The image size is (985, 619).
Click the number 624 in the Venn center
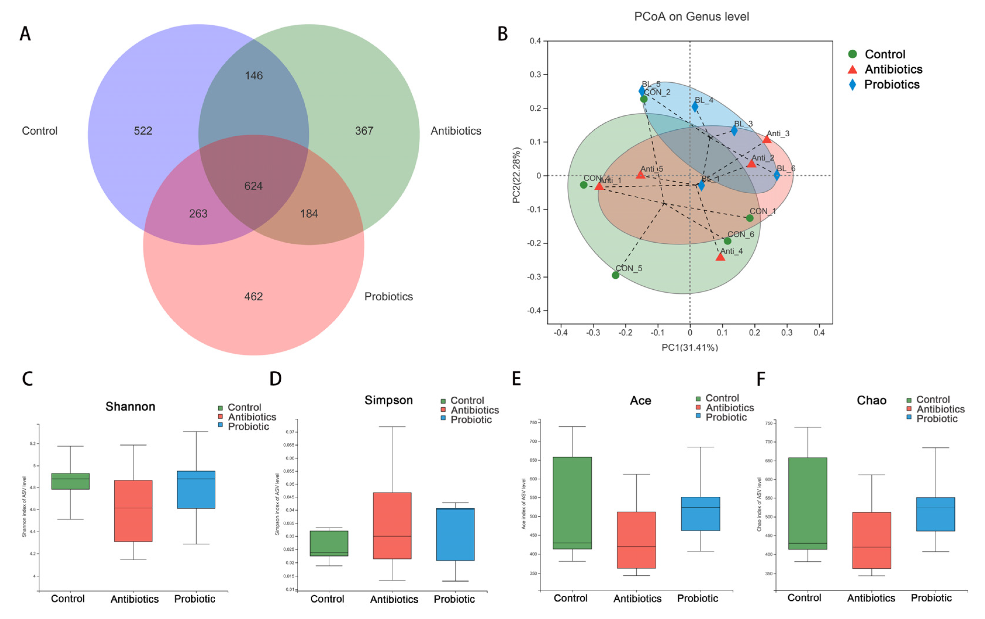[253, 186]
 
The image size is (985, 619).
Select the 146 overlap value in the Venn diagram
[254, 76]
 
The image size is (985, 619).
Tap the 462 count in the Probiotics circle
[253, 296]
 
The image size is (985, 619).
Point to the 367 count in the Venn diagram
[364, 131]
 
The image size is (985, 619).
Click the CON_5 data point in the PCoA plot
[615, 275]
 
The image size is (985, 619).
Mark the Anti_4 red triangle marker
[720, 257]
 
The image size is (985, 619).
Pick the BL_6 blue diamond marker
[777, 175]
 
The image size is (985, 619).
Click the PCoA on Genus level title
[691, 17]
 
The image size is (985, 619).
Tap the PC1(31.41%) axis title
[690, 347]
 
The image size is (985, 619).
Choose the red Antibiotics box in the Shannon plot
[133, 511]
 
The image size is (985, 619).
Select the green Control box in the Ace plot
[572, 503]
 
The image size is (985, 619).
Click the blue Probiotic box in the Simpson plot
[455, 534]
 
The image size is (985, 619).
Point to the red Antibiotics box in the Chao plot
[871, 540]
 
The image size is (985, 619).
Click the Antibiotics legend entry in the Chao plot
[940, 409]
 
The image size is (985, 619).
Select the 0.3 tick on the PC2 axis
[535, 74]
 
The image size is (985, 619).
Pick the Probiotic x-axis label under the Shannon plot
[195, 599]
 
